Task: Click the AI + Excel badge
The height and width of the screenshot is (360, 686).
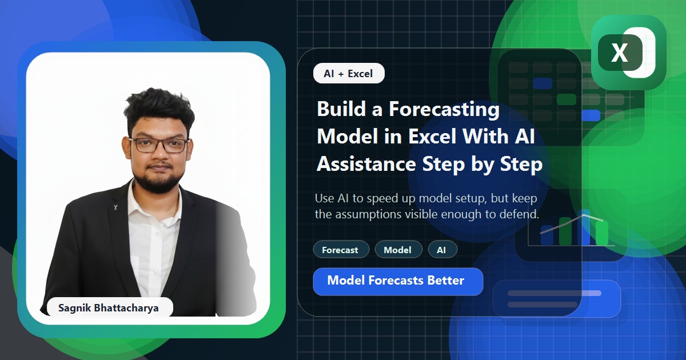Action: coord(349,74)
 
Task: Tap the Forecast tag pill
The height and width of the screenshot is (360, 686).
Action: coord(340,250)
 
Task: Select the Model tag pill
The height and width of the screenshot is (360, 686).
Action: coord(398,250)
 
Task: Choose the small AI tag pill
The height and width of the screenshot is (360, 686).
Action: coord(442,250)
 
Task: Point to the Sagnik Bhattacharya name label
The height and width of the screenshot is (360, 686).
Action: coord(109,308)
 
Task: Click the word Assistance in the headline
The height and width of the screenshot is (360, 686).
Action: coord(366,165)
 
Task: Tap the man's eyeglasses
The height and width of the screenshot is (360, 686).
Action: coord(159,144)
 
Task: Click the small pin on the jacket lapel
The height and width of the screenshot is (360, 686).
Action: coord(116,207)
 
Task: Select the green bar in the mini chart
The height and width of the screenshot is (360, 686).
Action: coord(602,234)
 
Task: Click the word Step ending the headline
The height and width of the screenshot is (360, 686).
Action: coord(520,165)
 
